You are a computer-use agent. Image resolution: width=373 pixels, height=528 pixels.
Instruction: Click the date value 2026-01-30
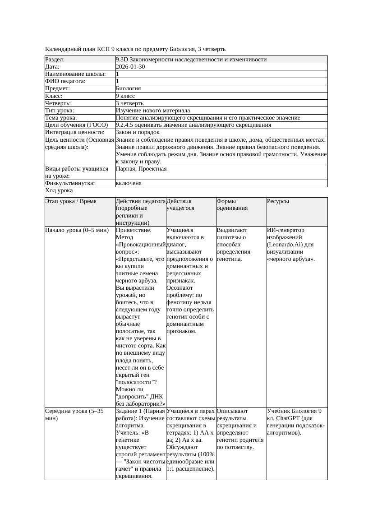pos(130,67)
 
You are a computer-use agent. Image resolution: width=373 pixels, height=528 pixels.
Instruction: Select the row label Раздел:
pos(55,60)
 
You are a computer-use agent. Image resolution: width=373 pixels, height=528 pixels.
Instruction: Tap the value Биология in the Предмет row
pos(128,88)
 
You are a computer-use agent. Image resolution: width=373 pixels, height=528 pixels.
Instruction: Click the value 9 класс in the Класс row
pos(125,96)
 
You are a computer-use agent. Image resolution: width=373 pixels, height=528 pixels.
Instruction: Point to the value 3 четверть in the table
pos(129,103)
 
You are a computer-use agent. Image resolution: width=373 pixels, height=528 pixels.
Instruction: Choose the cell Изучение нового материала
pos(153,110)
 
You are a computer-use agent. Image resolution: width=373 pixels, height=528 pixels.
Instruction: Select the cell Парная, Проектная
pos(141,169)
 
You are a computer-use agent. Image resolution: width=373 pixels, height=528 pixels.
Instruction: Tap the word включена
pos(129,183)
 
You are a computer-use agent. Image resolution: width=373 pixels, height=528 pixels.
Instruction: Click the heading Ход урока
pos(59,190)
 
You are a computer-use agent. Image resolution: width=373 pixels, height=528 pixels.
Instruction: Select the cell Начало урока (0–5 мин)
pos(77,230)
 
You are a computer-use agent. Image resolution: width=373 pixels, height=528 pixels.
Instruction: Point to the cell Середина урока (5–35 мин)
pos(74,415)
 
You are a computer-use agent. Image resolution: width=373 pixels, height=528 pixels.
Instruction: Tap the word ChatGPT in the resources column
pos(289,418)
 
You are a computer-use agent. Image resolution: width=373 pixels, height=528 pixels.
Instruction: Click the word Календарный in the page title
pos(61,49)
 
